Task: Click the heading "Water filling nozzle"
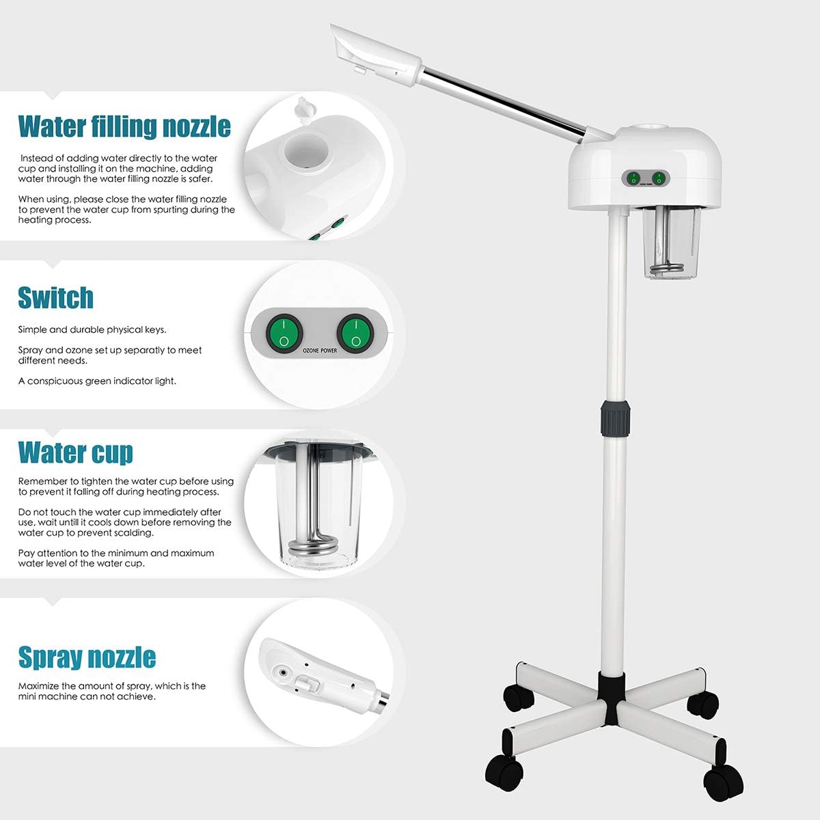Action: click(x=124, y=126)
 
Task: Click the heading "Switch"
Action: click(x=55, y=298)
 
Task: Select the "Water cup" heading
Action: click(x=75, y=452)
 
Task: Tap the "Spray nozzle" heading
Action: click(x=87, y=657)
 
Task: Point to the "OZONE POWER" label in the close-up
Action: click(x=319, y=351)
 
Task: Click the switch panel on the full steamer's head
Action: click(x=646, y=178)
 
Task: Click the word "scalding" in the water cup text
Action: click(x=132, y=532)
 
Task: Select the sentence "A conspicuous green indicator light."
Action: click(x=97, y=381)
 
